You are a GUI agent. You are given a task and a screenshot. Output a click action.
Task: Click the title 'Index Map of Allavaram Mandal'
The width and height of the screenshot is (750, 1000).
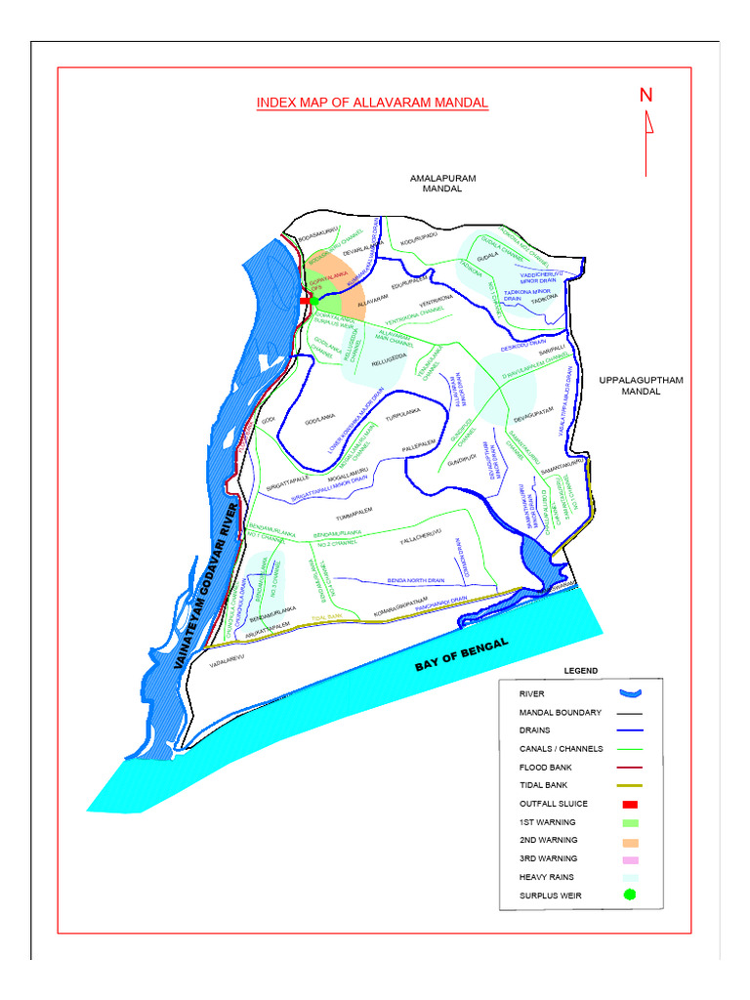(372, 103)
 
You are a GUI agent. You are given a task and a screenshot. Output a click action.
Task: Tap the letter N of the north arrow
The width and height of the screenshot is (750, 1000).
(646, 95)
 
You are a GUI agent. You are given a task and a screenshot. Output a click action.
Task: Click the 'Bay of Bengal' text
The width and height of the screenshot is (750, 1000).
(462, 654)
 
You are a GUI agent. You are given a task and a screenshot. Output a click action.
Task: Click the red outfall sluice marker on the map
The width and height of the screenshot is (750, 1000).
(304, 303)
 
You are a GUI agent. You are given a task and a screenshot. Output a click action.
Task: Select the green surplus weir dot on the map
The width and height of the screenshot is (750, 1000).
(313, 300)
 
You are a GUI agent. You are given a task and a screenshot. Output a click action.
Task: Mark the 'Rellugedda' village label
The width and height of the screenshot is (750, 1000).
(388, 360)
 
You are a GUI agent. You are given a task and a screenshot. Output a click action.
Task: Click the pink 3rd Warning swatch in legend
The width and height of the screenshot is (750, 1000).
(629, 858)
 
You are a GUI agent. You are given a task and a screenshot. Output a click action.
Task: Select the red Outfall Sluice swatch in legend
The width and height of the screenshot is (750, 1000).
(629, 804)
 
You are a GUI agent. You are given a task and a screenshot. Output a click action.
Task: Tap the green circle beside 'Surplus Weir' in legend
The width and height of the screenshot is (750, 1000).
(630, 895)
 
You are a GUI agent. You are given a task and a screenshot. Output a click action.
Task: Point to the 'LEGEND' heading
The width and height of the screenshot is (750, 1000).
(580, 671)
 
